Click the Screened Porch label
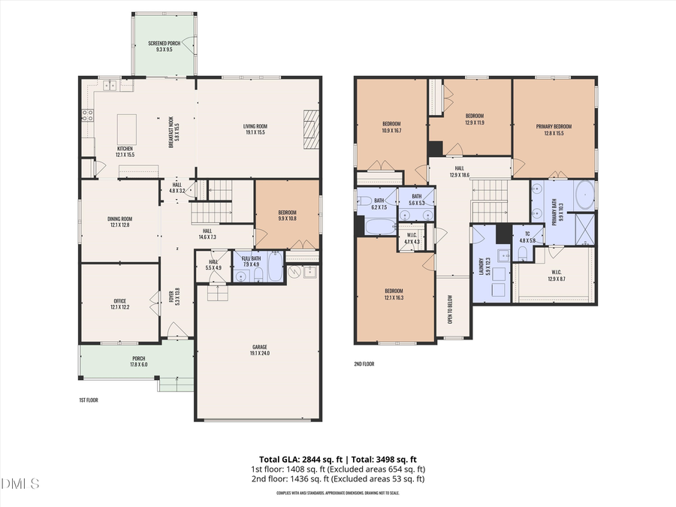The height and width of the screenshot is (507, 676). (x=164, y=47)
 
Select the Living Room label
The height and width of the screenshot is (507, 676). (x=255, y=129)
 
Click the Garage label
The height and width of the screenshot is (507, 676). (x=258, y=351)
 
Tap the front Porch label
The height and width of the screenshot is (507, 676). (x=138, y=361)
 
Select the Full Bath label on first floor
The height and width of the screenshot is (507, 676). (x=251, y=261)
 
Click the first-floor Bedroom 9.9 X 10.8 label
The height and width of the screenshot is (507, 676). (x=287, y=215)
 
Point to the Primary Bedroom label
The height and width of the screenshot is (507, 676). (x=554, y=129)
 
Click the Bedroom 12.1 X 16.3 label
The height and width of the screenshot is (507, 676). (x=394, y=294)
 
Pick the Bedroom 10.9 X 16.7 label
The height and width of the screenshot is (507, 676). (x=391, y=127)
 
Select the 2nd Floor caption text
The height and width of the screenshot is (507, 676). (x=364, y=364)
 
